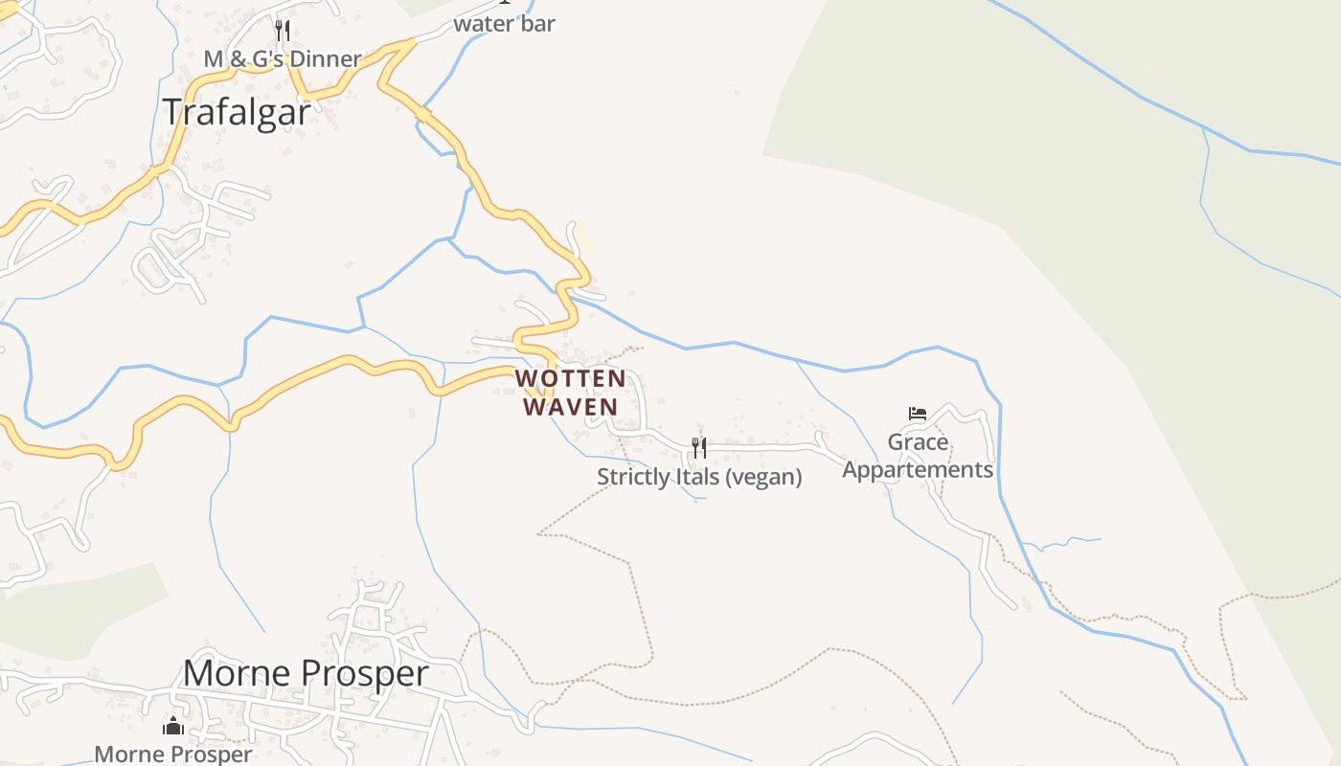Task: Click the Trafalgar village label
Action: (237, 112)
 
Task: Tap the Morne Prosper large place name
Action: (306, 673)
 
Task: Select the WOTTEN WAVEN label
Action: (571, 393)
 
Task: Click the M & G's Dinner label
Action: (283, 59)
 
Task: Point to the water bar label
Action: (504, 24)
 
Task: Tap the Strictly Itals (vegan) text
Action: (699, 477)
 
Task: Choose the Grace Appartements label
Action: (918, 456)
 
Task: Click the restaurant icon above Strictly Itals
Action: (699, 447)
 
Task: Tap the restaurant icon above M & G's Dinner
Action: (283, 31)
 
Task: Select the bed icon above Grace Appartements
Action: (918, 414)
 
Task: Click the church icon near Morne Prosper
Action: (173, 726)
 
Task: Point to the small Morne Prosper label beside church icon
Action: (173, 754)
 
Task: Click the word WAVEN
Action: (571, 407)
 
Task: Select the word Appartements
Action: (918, 470)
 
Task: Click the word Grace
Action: (918, 442)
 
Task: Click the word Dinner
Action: (326, 59)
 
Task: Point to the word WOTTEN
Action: (571, 379)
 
